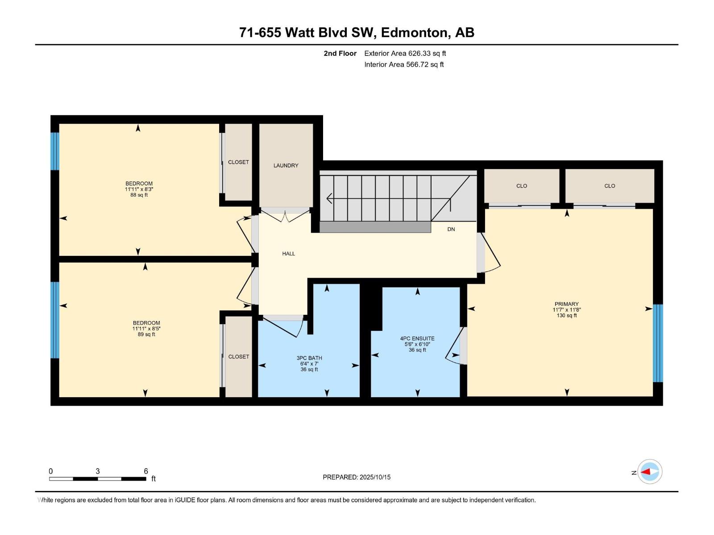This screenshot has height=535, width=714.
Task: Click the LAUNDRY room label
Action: [x=286, y=165]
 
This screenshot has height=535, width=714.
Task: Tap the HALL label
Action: [x=289, y=254]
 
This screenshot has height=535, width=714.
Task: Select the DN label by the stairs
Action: [x=451, y=229]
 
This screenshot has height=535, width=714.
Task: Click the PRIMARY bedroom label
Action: [x=567, y=304]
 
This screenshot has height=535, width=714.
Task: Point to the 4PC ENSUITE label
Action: [x=417, y=338]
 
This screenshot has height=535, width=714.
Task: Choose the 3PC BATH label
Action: [x=309, y=358]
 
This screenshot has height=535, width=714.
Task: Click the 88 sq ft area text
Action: [x=139, y=195]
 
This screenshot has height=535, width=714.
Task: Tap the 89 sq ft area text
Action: [x=146, y=334]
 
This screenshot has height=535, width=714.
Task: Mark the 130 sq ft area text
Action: [x=567, y=315]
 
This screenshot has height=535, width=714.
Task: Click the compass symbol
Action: [x=650, y=472]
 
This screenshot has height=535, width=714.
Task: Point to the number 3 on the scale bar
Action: [x=98, y=471]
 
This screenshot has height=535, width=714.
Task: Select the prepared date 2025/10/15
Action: [x=375, y=477]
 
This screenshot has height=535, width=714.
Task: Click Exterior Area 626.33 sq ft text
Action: [x=405, y=53]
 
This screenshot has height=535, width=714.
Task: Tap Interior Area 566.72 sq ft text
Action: [x=404, y=64]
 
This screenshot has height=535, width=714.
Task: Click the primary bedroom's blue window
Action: [x=658, y=343]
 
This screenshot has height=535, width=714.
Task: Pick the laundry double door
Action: [x=285, y=215]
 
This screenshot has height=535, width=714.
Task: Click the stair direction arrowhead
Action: [x=329, y=198]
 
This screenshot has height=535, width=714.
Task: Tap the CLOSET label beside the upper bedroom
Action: [x=238, y=162]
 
